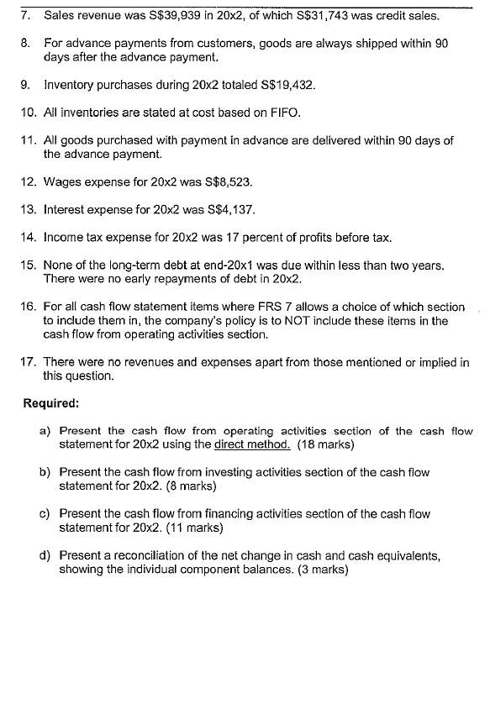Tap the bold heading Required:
pos(51,402)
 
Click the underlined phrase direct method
pos(252,444)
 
